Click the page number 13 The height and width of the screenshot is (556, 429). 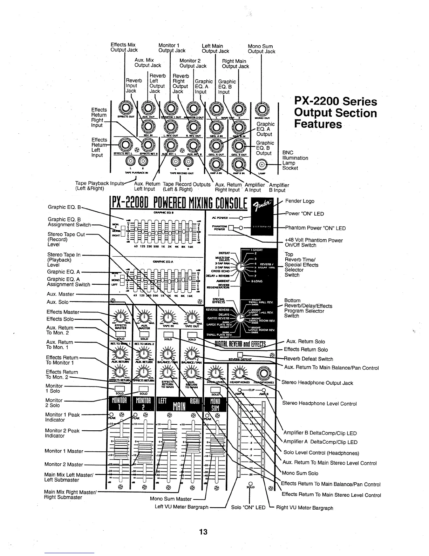click(203, 532)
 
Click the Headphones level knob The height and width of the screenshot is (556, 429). click(240, 372)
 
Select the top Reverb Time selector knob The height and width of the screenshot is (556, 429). click(240, 267)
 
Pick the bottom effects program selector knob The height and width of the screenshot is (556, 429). click(240, 318)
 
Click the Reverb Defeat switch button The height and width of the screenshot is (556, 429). click(240, 354)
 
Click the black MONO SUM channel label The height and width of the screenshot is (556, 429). click(215, 404)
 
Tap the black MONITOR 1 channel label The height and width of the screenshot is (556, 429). click(118, 404)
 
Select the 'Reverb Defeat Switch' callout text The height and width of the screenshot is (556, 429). click(308, 359)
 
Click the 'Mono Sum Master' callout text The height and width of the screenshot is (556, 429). click(171, 499)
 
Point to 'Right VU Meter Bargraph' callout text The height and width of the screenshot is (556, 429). click(305, 508)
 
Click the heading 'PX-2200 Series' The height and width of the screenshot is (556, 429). click(335, 101)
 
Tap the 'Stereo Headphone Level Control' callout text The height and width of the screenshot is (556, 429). click(319, 404)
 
